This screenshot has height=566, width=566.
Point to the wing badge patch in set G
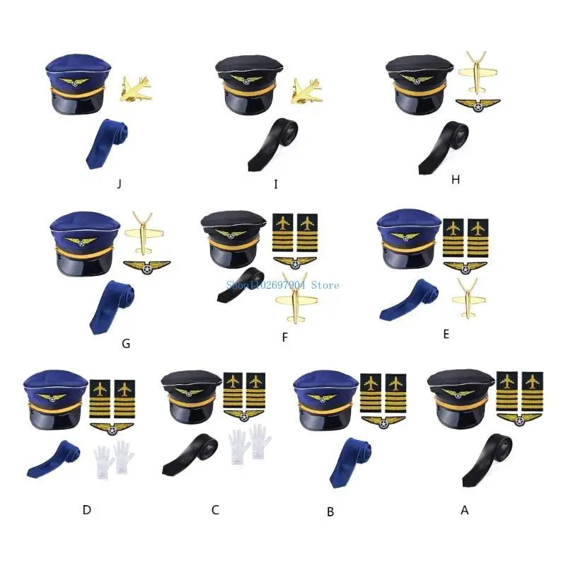(x=146, y=268)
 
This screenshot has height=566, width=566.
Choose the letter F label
(x=284, y=337)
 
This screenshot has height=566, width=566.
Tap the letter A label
(x=465, y=509)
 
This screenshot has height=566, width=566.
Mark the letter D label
(x=86, y=509)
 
